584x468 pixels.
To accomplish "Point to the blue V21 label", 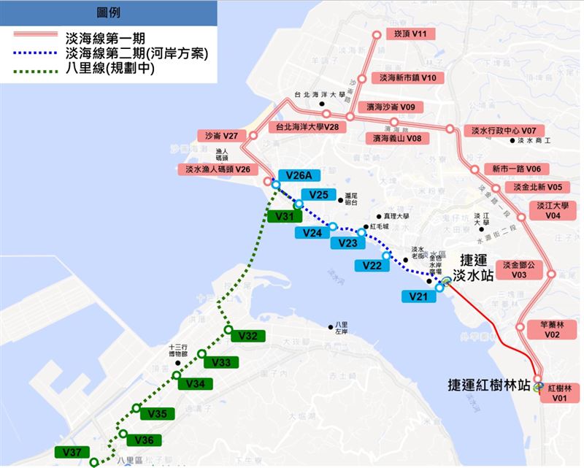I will click(417, 296).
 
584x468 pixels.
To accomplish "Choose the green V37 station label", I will click(71, 453).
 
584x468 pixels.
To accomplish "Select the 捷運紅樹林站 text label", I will click(490, 384).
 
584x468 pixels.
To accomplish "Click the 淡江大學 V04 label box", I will click(553, 210).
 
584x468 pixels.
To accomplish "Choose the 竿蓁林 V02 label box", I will click(548, 329).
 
